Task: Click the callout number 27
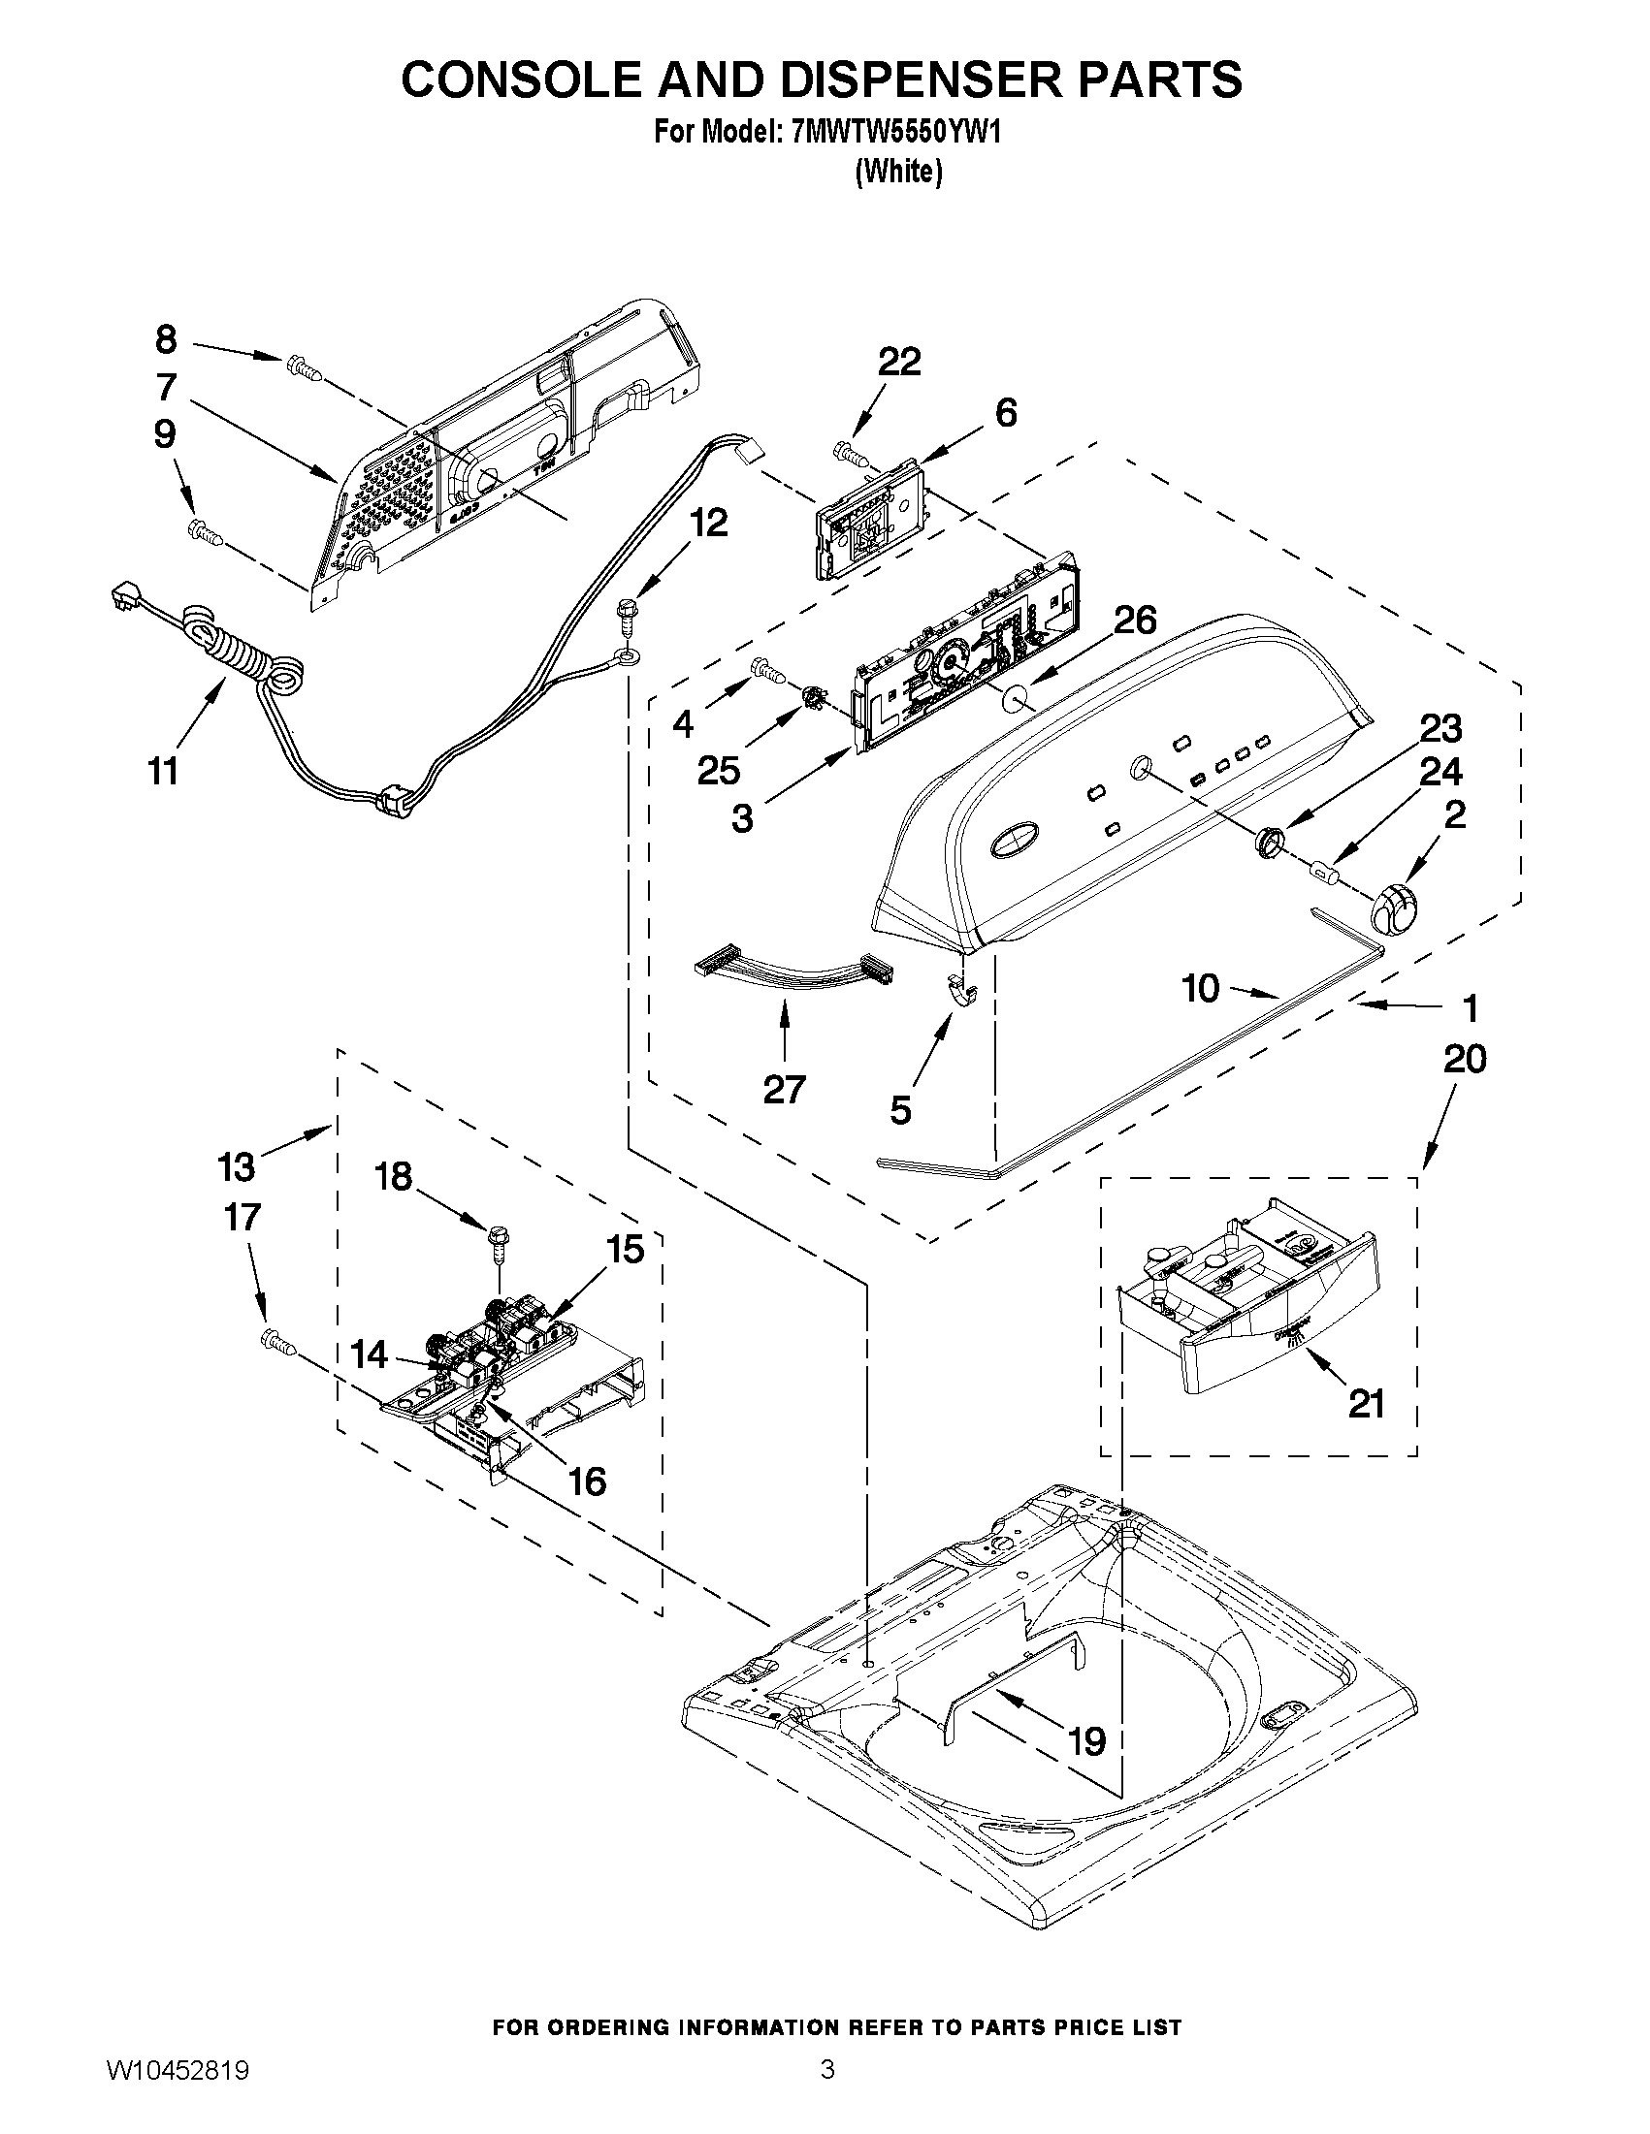coord(784,1089)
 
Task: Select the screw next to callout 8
coord(303,369)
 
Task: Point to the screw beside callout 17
coord(276,1343)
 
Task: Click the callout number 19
coord(1087,1741)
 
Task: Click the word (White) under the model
coord(898,172)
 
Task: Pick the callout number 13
coord(236,1165)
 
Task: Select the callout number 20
coord(1465,1058)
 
